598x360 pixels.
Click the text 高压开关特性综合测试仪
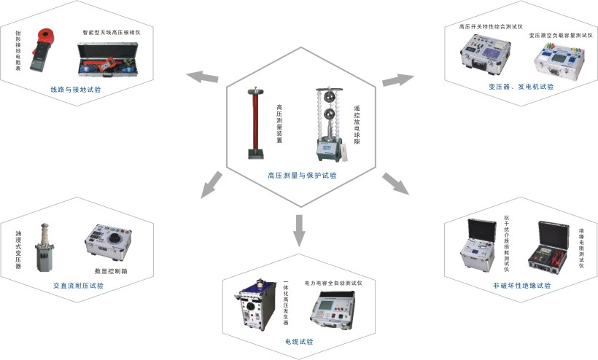coord(491,26)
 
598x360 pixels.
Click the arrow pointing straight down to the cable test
coord(300,230)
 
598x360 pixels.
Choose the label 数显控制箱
coord(110,271)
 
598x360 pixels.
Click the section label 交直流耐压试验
coord(79,286)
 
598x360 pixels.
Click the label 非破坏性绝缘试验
coord(521,285)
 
